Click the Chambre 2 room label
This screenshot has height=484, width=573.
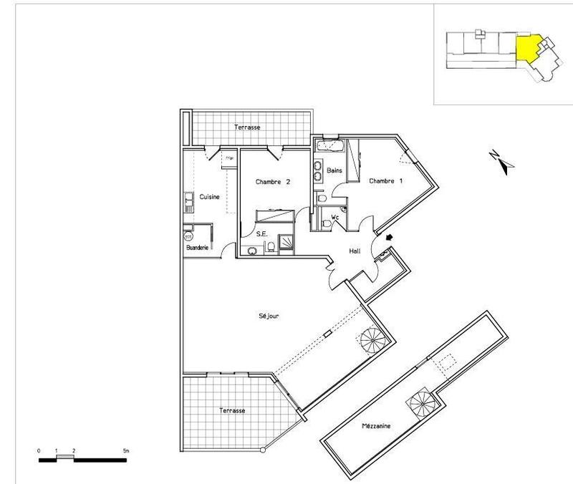(x=272, y=182)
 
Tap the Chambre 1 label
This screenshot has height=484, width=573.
(x=385, y=181)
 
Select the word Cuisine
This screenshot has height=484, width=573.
(x=209, y=198)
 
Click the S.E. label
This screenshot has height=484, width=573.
(x=263, y=234)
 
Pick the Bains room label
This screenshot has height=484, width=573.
(x=334, y=171)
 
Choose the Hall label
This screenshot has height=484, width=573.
(x=354, y=251)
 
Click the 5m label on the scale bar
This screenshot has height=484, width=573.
(x=126, y=450)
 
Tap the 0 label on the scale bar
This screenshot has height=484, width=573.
(x=39, y=450)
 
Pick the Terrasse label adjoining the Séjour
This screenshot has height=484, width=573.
(x=232, y=411)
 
